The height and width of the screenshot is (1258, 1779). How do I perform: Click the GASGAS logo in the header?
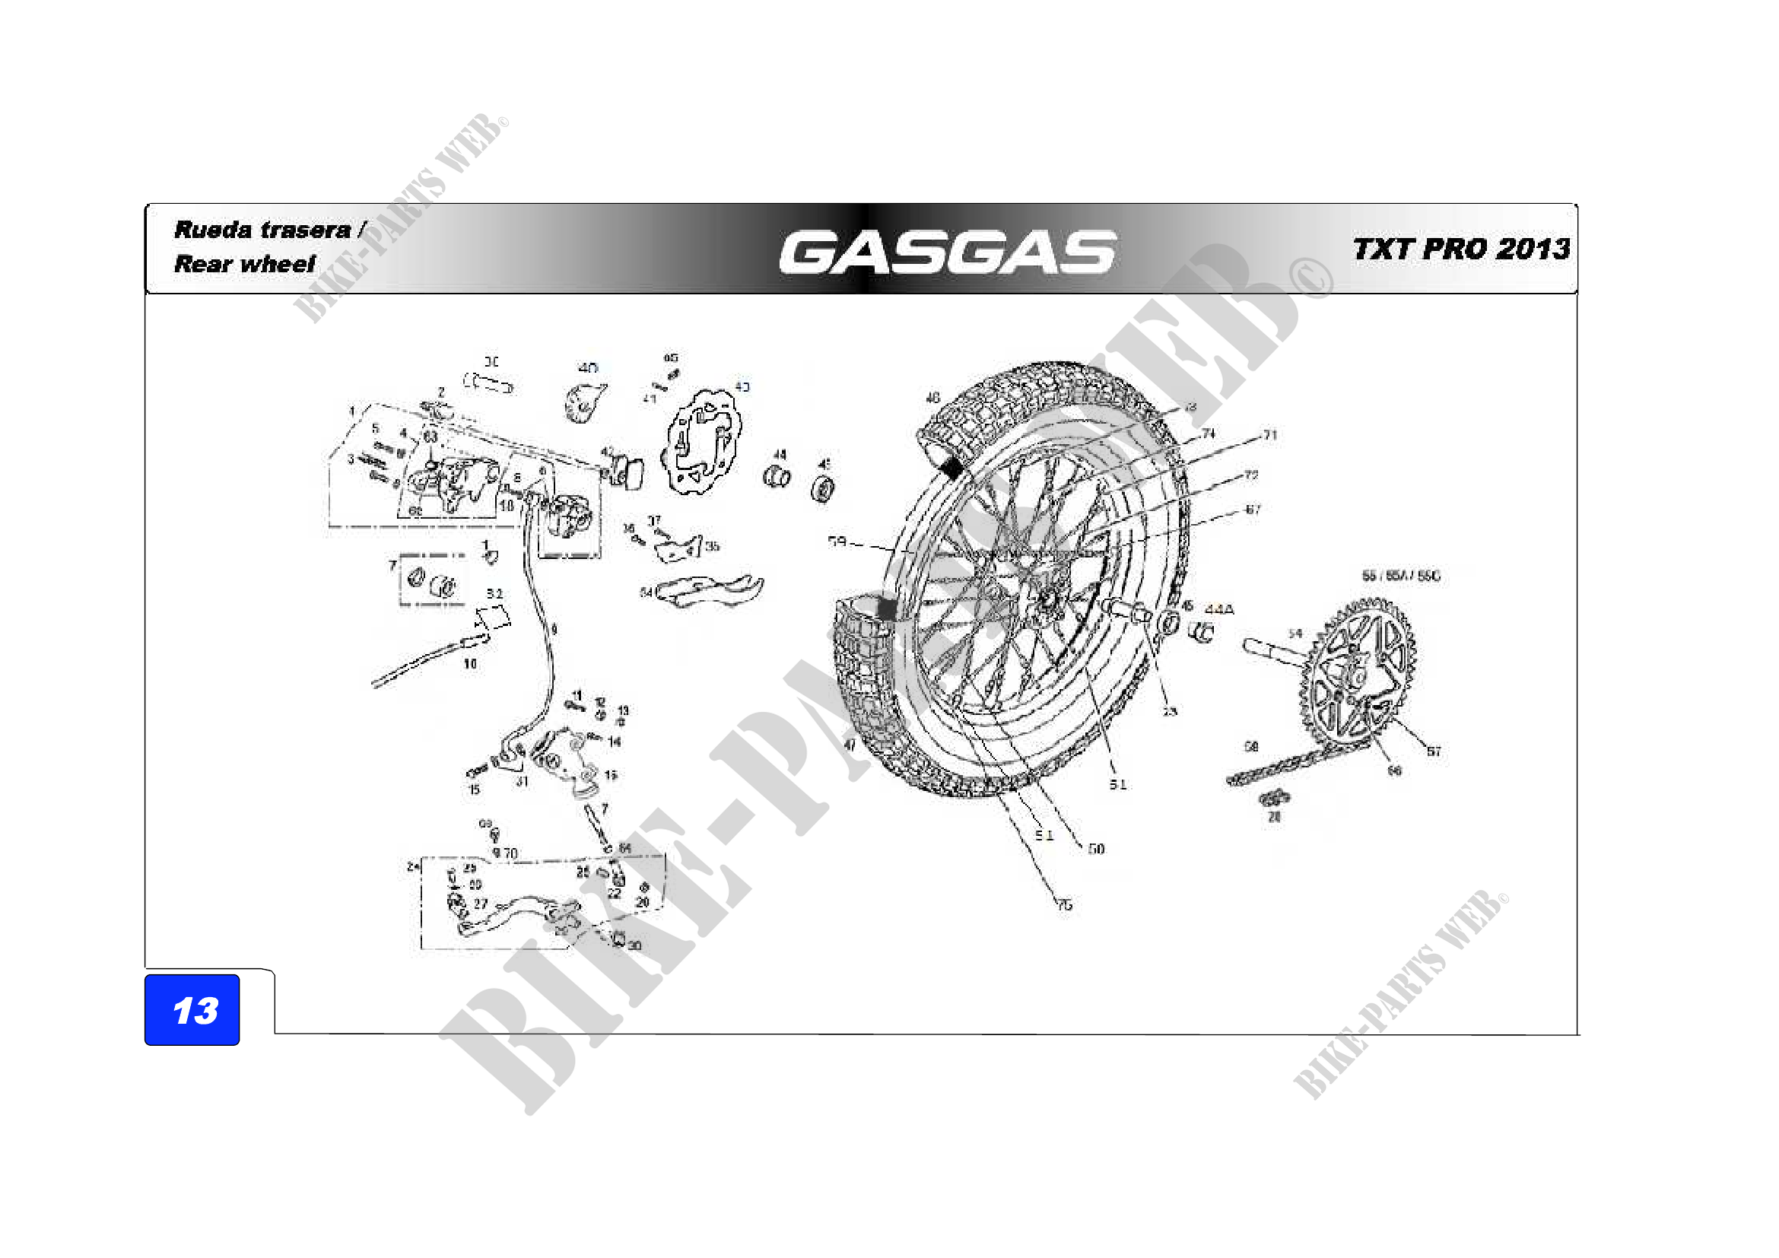point(947,253)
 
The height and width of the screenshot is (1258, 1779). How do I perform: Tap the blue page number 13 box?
point(192,1009)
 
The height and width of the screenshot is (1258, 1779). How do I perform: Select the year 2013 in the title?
point(1533,249)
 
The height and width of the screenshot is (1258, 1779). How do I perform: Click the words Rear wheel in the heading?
point(245,264)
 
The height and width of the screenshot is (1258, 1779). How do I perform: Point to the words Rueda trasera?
point(262,230)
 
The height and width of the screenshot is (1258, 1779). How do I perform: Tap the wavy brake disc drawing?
point(701,442)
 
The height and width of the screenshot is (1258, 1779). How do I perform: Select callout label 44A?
point(1218,610)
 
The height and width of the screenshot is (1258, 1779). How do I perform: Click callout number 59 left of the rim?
point(837,542)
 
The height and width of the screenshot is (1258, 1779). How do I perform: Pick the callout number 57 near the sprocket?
point(1434,751)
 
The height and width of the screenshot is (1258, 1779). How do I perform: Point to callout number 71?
point(1270,435)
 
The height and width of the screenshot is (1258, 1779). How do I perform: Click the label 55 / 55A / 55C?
point(1401,576)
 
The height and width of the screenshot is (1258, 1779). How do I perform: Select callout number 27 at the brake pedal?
point(481,904)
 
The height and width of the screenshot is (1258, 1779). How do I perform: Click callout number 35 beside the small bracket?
point(712,546)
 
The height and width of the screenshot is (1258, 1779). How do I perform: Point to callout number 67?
point(1253,510)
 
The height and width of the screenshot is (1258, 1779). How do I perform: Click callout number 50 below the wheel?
point(1095,849)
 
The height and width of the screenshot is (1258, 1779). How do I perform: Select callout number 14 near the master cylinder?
point(615,742)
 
